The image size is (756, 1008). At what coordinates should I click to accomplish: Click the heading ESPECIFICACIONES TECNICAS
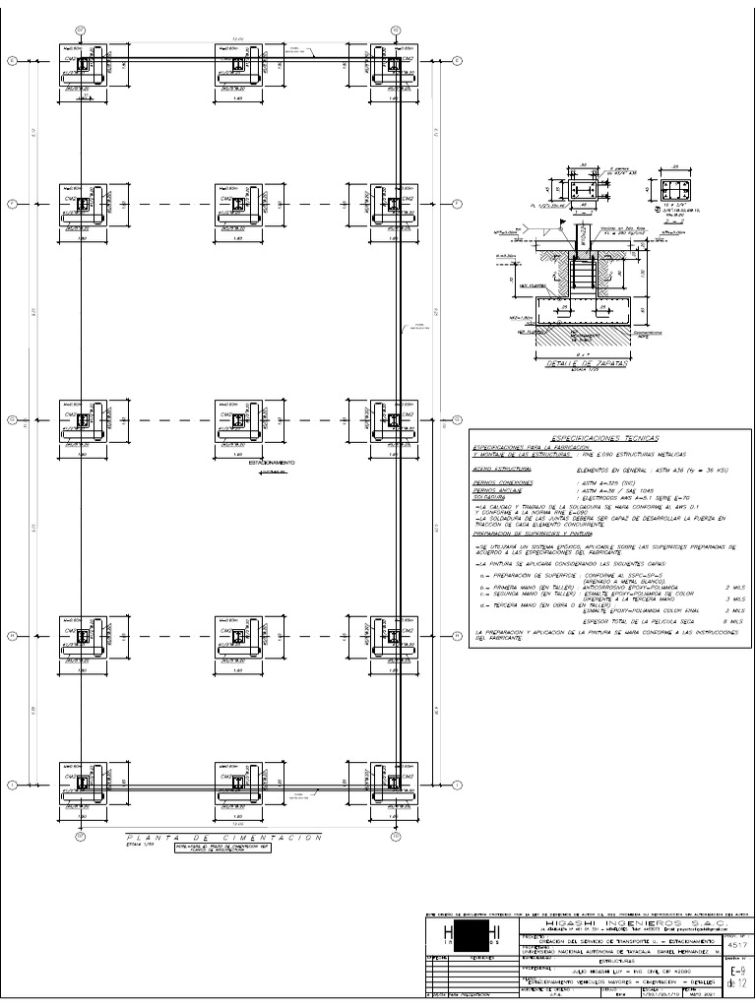[604, 436]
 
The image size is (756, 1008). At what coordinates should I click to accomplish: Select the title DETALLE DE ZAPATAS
[572, 363]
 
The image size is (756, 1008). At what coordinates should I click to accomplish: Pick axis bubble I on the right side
[458, 785]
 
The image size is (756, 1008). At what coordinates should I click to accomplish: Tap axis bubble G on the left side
[13, 421]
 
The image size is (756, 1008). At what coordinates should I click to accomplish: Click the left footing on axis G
[85, 421]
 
